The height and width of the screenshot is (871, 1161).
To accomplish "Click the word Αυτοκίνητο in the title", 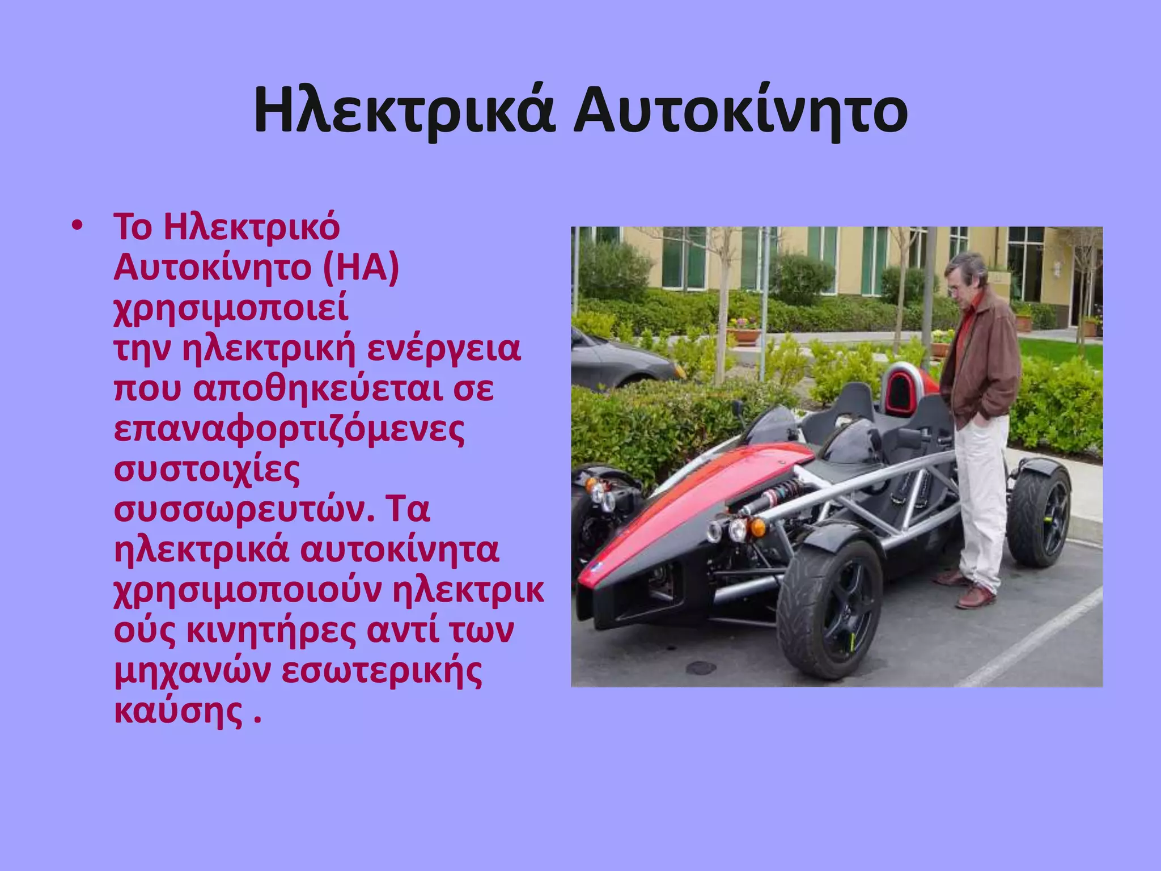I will click(x=740, y=111).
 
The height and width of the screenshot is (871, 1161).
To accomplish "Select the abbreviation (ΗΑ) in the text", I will click(x=361, y=267).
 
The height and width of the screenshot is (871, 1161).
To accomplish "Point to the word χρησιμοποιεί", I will click(x=231, y=309).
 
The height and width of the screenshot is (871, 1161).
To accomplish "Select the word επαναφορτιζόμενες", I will click(x=289, y=430).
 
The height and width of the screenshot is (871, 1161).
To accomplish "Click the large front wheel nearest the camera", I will click(x=831, y=610).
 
